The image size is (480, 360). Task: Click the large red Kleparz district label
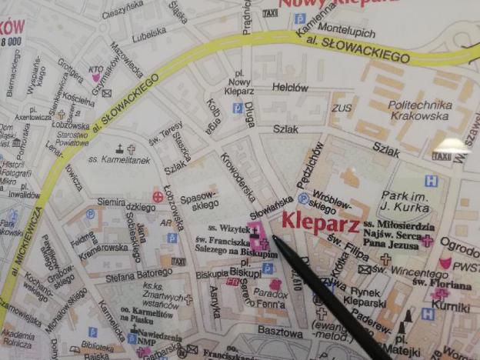pos(321,222)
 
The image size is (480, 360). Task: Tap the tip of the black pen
pos(275,239)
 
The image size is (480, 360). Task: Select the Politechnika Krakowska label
pos(418,109)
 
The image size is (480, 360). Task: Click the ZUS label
pos(342,108)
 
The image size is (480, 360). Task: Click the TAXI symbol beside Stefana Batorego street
pos(178,262)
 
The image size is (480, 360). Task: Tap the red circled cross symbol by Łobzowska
pos(158,197)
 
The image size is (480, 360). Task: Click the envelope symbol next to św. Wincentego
pos(364,269)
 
